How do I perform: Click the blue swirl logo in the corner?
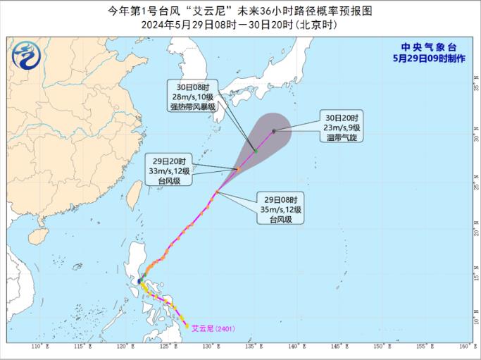click(27, 55)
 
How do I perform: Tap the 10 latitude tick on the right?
click(476, 319)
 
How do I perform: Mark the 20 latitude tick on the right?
click(476, 232)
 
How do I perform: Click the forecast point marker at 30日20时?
click(273, 130)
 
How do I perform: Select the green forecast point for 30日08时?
click(256, 150)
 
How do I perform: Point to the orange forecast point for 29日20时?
click(238, 169)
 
